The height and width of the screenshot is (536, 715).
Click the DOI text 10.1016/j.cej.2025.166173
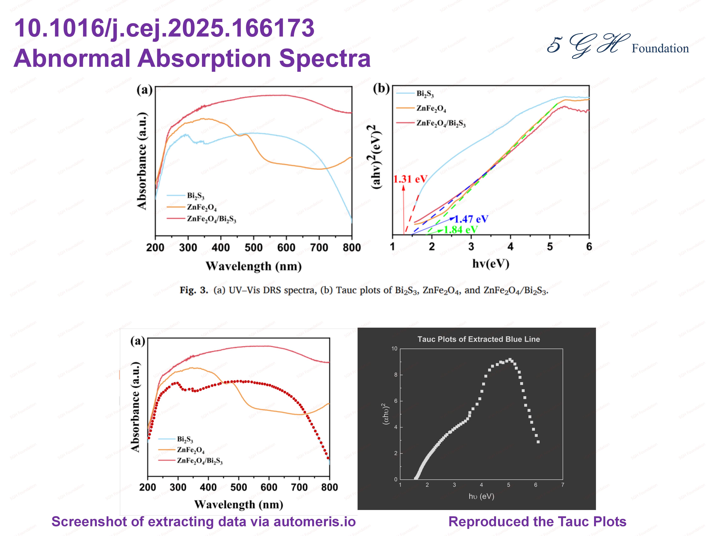click(164, 28)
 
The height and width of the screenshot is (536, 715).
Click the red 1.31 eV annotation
click(410, 179)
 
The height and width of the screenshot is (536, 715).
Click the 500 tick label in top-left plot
click(253, 248)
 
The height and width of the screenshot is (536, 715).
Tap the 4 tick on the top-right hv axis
click(510, 247)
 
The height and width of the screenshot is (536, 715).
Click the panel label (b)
click(381, 88)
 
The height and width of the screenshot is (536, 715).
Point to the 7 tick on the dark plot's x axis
click(563, 485)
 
